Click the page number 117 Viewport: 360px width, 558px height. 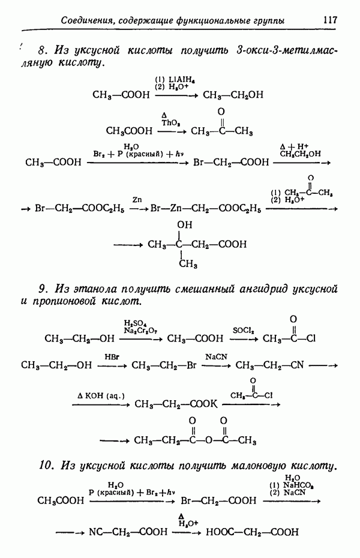pos(329,20)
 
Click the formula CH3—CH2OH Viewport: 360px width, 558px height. pos(233,95)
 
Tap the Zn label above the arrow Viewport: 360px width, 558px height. pos(137,199)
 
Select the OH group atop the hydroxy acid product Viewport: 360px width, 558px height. pos(185,224)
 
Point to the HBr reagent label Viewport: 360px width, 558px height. pos(112,356)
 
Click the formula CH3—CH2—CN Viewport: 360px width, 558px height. pos(269,365)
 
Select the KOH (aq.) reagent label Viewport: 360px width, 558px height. pos(100,395)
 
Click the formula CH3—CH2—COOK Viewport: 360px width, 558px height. pos(175,404)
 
